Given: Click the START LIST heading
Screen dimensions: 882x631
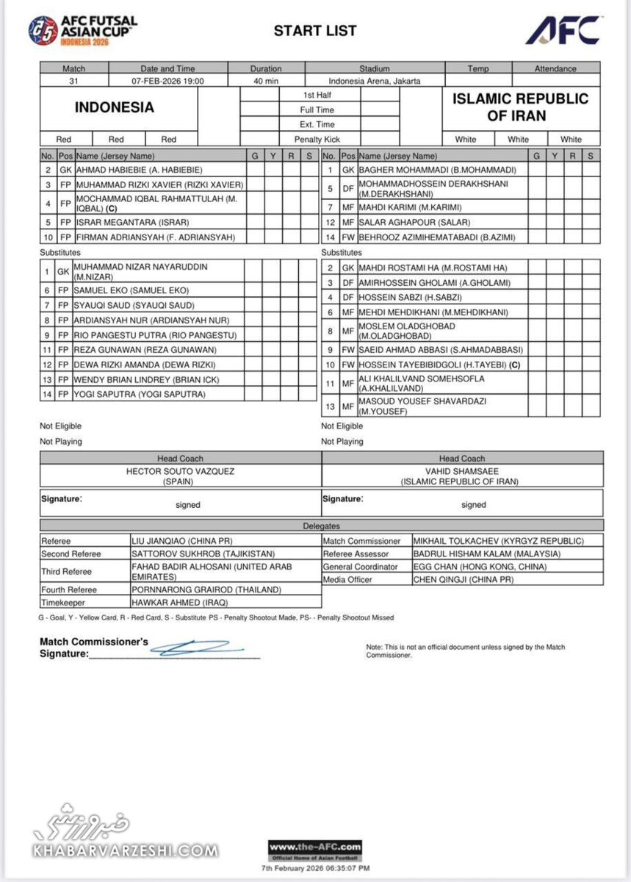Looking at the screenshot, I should coord(315,31).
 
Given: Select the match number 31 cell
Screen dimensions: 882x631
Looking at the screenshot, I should coord(73,81).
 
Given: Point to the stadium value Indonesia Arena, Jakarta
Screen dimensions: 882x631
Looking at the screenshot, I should coord(375,81).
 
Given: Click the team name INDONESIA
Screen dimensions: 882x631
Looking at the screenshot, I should coord(115,107).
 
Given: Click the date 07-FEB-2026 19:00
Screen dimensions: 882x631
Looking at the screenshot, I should coord(167,81).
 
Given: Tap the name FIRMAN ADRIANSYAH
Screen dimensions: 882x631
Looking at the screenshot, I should coord(155,237).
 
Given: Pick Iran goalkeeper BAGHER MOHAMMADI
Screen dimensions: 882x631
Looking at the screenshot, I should coord(443,171).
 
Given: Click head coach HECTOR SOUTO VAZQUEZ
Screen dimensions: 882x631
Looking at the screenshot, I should coord(181,471).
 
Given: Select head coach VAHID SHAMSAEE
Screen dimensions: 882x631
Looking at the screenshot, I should coord(462,471).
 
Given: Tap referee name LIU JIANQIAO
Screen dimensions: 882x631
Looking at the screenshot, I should coord(181,541).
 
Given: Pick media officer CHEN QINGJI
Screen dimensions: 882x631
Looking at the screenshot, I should coord(464,580).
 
